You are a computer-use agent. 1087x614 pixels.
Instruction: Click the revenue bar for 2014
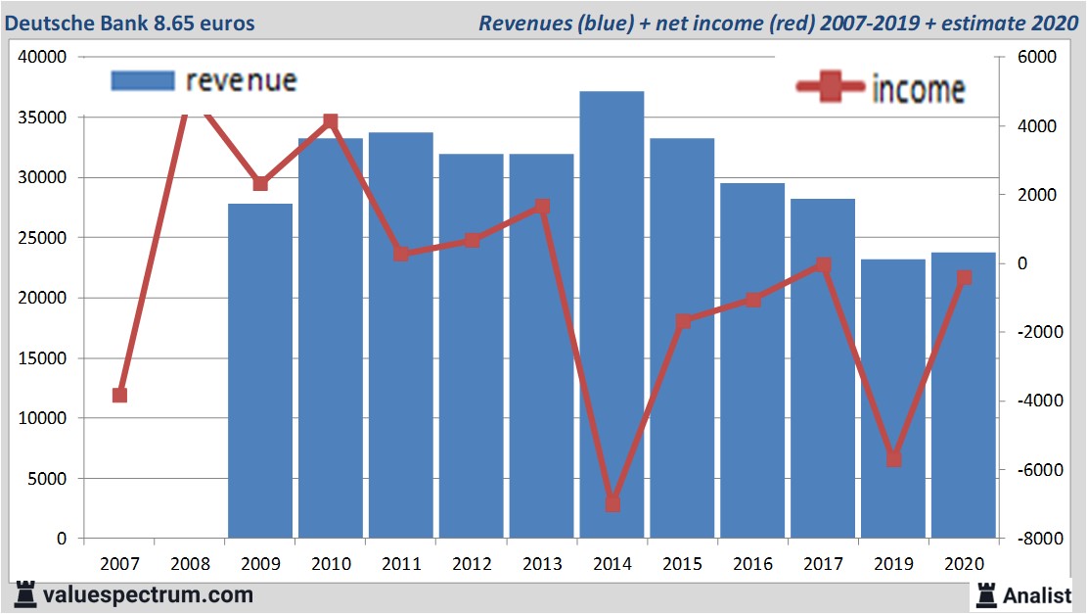pos(611,313)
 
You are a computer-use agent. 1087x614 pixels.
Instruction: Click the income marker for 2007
pos(119,395)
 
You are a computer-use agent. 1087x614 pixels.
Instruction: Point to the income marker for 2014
pos(612,503)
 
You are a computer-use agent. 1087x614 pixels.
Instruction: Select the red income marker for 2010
pos(331,121)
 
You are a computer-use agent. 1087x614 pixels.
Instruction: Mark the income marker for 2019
pos(893,458)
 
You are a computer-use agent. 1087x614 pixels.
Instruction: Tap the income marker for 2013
pos(542,207)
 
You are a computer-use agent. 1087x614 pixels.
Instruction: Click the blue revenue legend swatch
pos(143,80)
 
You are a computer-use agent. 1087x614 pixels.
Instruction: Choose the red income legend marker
pos(831,88)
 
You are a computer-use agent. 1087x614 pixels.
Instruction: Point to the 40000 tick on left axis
pos(43,57)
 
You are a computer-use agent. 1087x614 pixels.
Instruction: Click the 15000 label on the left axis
pos(43,358)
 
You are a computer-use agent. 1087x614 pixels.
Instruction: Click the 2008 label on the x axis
pos(190,564)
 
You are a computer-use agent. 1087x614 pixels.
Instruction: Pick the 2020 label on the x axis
pos(964,564)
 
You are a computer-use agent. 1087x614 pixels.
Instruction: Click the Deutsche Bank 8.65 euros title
pos(130,22)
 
